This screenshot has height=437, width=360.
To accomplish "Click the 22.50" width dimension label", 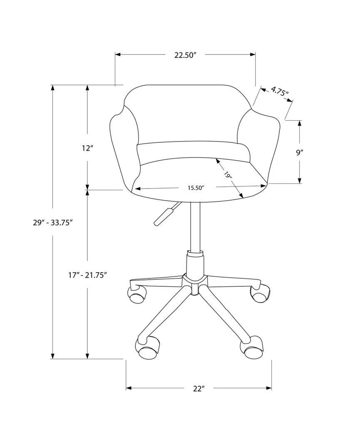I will click(185, 55).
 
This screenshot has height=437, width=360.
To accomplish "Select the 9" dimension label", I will click(299, 152).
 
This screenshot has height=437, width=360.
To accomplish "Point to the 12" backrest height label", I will click(87, 148).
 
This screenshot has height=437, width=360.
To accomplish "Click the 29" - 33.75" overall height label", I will click(53, 223).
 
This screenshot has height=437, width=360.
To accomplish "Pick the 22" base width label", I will click(199, 389).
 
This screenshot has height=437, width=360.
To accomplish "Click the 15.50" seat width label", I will click(195, 188).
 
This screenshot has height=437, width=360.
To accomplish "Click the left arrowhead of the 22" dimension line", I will click(129, 389).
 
